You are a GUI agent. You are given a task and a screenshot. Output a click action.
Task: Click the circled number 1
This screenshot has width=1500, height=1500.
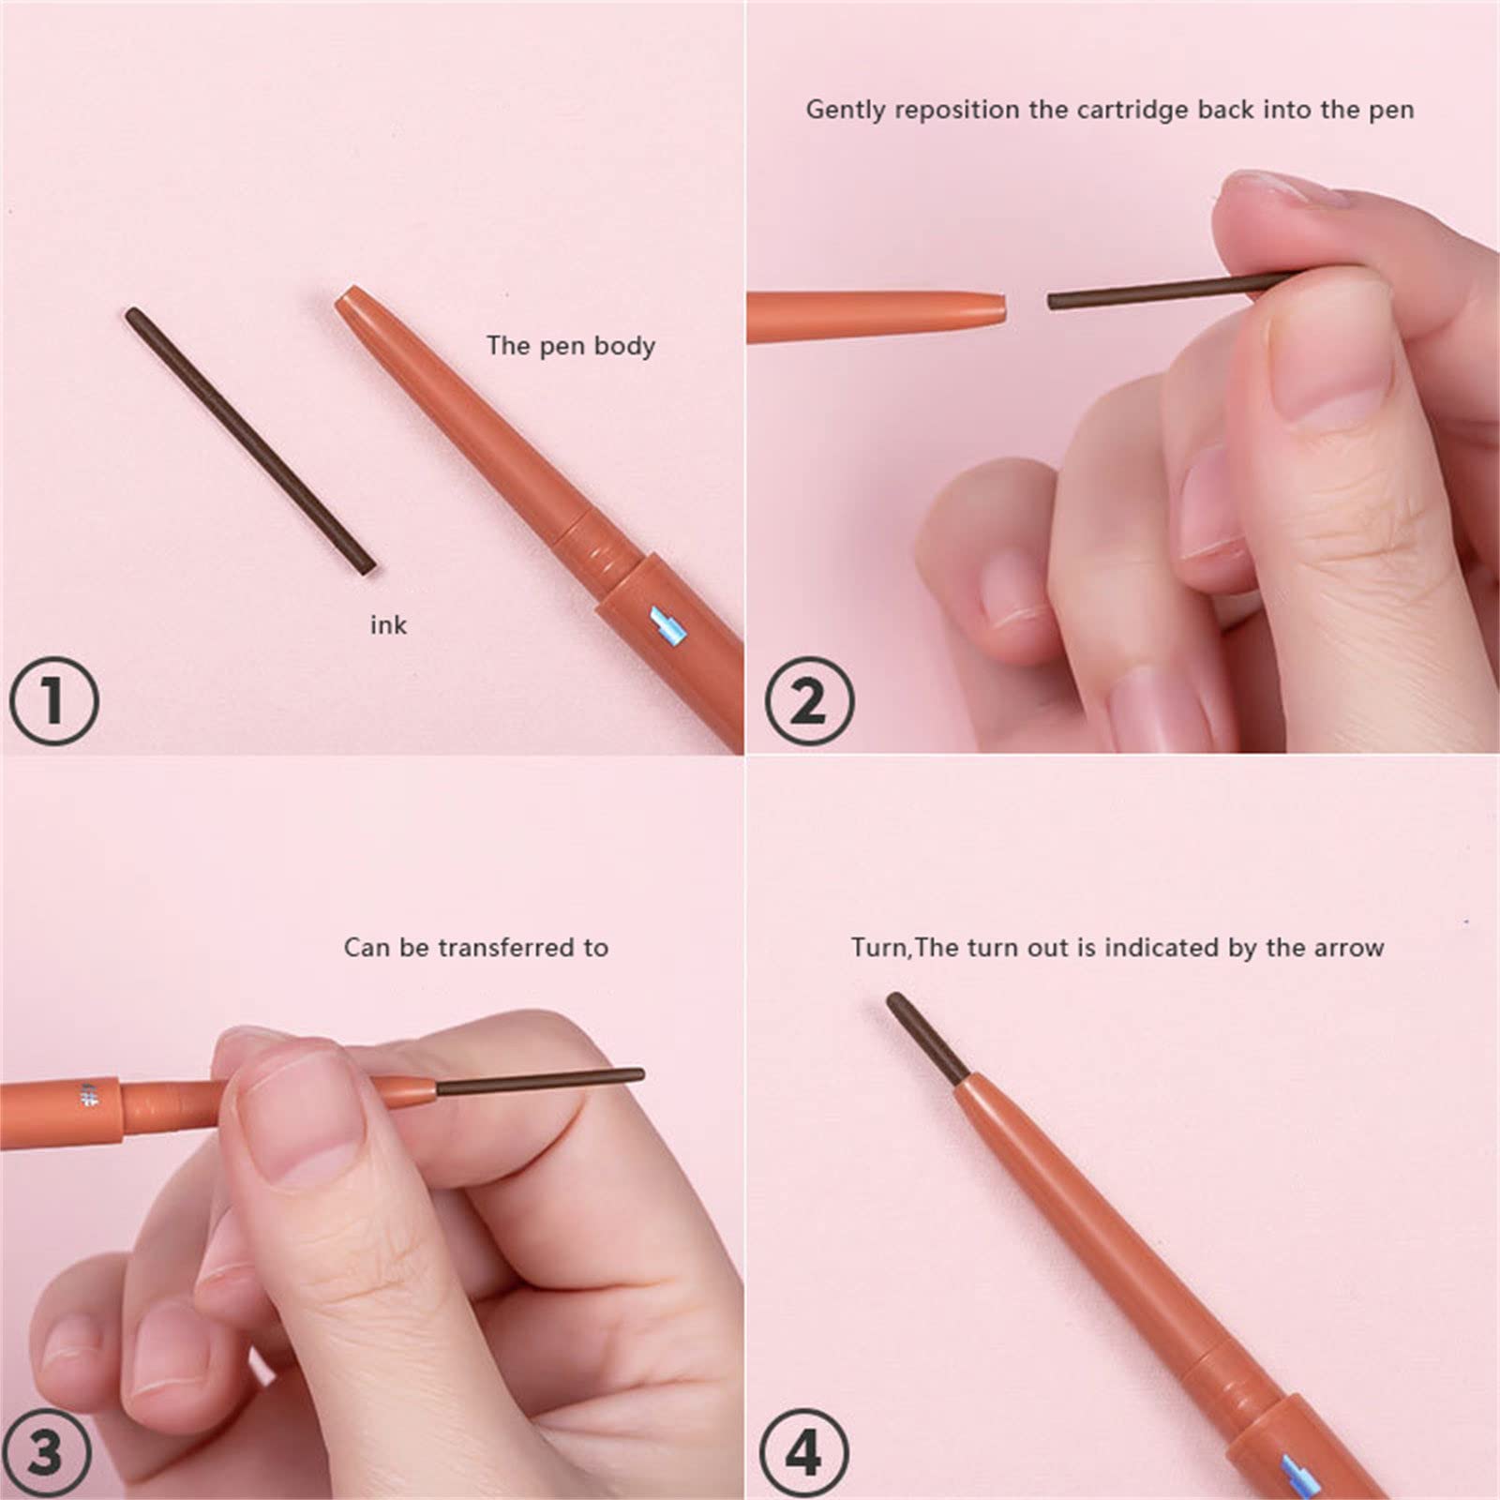pyautogui.click(x=53, y=700)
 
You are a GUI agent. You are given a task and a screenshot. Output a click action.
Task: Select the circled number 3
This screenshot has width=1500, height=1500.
pyautogui.click(x=45, y=1451)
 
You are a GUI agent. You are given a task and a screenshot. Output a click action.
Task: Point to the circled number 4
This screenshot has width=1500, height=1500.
pyautogui.click(x=802, y=1453)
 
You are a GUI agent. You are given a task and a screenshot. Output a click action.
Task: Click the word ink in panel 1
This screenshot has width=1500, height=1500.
pyautogui.click(x=388, y=624)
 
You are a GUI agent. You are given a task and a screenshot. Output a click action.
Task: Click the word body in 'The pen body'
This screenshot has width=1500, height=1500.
pyautogui.click(x=624, y=346)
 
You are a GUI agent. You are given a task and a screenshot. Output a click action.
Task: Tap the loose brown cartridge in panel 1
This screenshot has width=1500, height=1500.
pyautogui.click(x=250, y=440)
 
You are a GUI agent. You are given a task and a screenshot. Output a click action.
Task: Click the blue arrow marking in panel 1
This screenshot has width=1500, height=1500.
pyautogui.click(x=668, y=625)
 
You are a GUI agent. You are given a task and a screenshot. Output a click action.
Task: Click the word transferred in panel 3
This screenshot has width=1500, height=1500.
pyautogui.click(x=510, y=948)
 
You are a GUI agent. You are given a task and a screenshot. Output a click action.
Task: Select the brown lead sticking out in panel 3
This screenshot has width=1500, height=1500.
pyautogui.click(x=539, y=1082)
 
